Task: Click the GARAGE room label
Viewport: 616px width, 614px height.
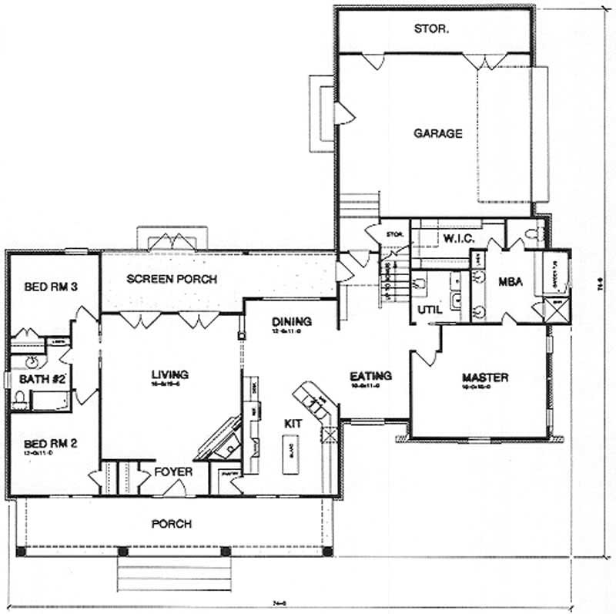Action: pos(438,133)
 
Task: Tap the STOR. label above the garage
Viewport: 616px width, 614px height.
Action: pos(431,30)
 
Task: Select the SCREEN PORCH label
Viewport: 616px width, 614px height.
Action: pos(172,279)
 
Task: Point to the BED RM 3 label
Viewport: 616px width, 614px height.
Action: pos(52,287)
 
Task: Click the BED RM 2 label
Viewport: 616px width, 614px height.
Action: pos(49,444)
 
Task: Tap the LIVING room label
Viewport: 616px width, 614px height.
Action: pos(171,375)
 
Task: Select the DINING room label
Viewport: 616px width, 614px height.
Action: pos(291,321)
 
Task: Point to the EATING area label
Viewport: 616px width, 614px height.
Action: pos(370,376)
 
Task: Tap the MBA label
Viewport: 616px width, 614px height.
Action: pos(511,282)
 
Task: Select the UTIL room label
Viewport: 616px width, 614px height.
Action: pos(427,309)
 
